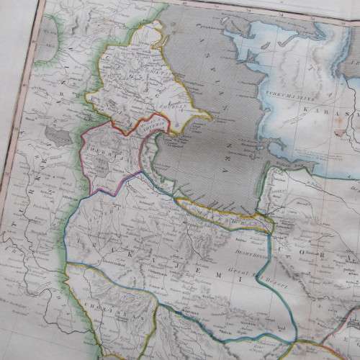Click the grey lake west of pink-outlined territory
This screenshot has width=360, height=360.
pyautogui.click(x=54, y=132)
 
